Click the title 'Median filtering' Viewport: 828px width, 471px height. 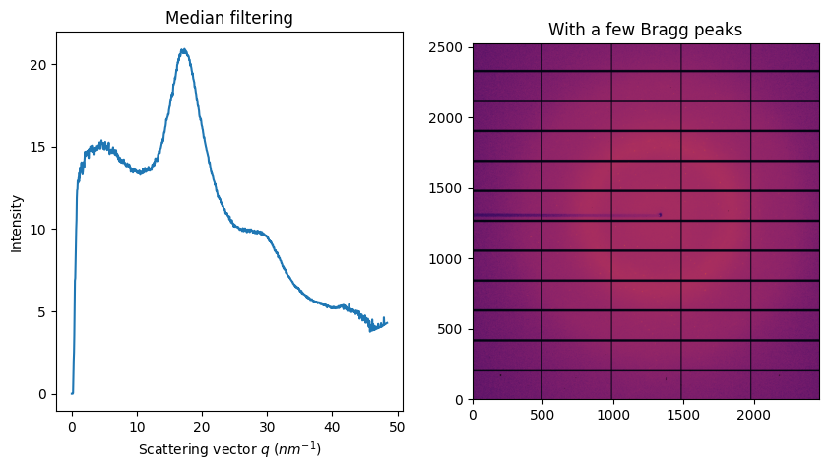(x=229, y=18)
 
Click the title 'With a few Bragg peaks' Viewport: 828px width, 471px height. (x=645, y=31)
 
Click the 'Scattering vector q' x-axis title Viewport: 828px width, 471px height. (x=229, y=449)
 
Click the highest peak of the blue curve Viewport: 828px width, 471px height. (x=183, y=49)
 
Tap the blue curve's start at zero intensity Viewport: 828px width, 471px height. (x=72, y=393)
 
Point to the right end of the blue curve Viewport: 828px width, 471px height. (x=387, y=322)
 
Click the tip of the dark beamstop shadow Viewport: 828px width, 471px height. (x=660, y=214)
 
